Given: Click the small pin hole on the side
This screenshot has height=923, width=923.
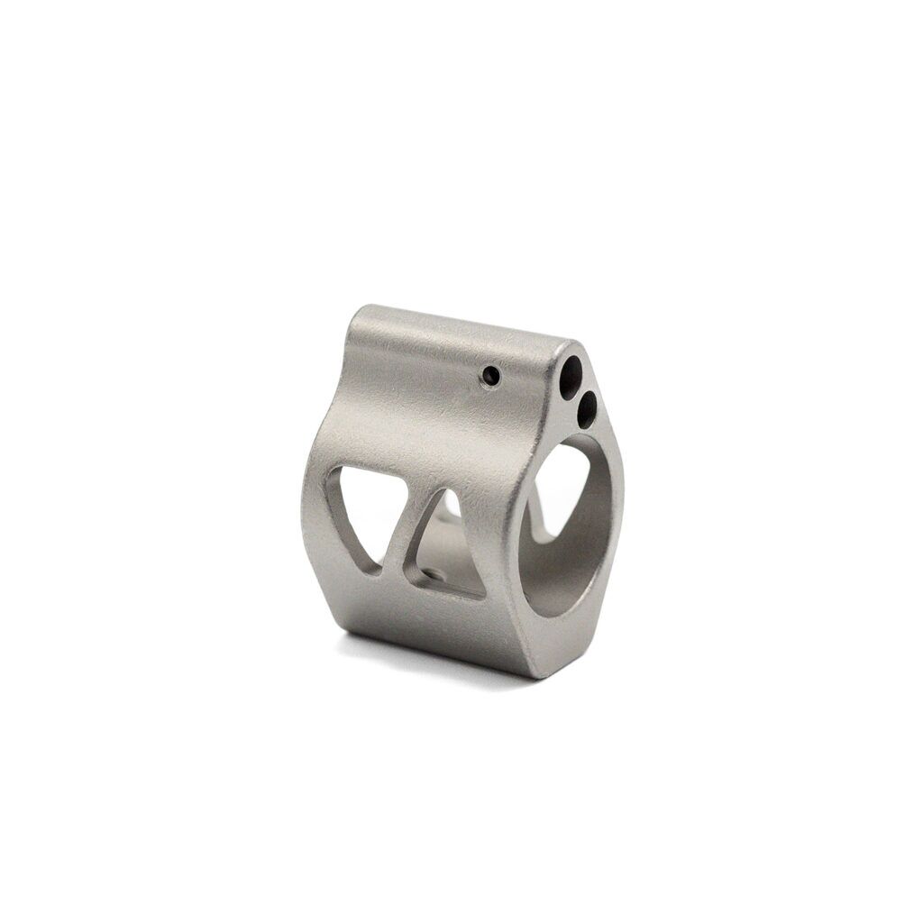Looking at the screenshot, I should (490, 374).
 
